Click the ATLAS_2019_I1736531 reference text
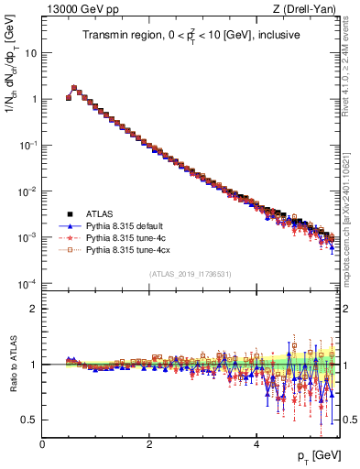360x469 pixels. pos(190,274)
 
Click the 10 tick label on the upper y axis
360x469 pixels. pos(30,52)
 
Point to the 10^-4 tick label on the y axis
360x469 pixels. pos(27,283)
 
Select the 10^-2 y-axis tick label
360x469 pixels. pos(27,191)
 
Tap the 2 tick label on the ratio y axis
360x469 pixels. pos(33,309)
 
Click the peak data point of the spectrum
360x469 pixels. pos(74,88)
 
